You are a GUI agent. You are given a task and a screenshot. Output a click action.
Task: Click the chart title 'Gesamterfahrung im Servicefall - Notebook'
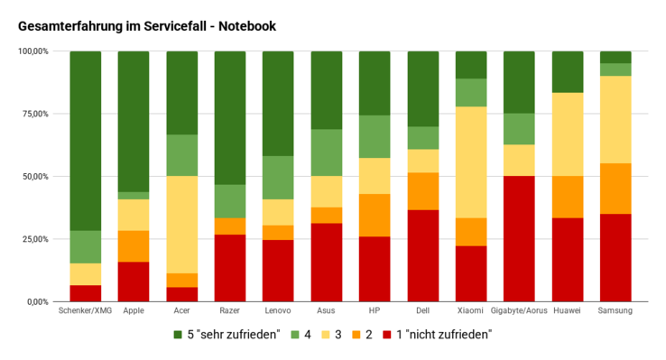(x=147, y=26)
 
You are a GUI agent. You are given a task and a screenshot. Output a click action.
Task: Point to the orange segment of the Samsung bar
(x=615, y=189)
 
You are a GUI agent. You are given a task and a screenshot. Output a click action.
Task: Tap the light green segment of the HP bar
(x=375, y=136)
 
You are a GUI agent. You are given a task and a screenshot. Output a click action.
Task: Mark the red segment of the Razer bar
(x=230, y=267)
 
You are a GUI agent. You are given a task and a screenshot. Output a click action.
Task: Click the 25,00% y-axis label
(x=33, y=239)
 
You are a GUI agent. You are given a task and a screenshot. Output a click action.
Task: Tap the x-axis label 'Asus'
(x=326, y=311)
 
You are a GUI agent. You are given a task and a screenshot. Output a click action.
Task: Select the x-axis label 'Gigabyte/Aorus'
(x=519, y=311)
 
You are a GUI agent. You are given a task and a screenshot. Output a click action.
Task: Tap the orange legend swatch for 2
(x=359, y=334)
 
